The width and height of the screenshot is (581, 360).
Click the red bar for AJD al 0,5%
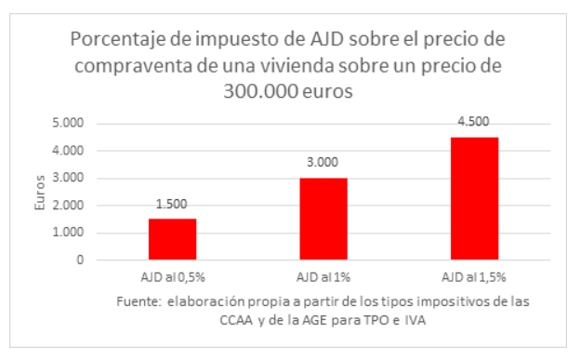pos(172,240)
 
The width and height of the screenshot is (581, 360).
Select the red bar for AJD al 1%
pos(323,220)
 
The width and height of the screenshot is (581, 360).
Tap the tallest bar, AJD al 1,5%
pos(474,199)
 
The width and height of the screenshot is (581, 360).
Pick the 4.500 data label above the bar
pos(474,122)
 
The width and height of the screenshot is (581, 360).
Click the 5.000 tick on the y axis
pos(67,123)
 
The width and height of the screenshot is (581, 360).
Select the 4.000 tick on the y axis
pos(67,151)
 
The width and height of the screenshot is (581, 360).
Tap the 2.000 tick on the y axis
pos(67,206)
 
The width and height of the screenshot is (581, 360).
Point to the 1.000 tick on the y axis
pos(67,233)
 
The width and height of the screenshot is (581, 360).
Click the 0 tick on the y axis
pos(79,260)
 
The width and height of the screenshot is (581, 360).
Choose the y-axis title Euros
pos(39,193)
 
